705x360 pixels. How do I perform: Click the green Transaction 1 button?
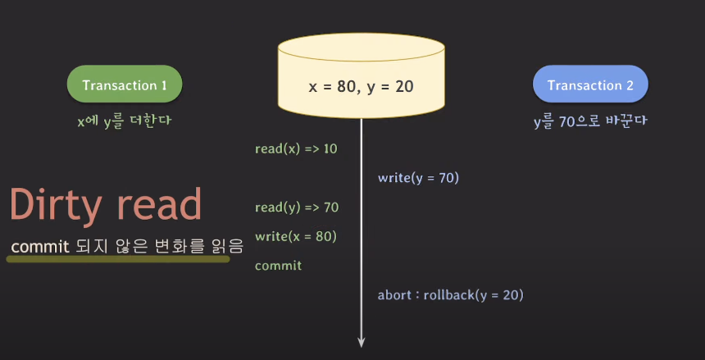[x=124, y=85]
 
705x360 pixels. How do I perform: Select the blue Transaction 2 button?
[x=589, y=85]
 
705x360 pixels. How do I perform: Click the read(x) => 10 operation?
[x=296, y=148]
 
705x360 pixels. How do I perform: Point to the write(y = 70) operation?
[x=418, y=177]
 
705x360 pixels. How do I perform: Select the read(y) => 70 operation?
[x=296, y=207]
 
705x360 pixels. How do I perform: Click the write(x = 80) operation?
[x=296, y=236]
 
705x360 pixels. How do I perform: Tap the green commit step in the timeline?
[x=278, y=266]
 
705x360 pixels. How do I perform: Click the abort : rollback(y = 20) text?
[x=450, y=294]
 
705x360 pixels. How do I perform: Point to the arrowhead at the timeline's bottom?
[x=362, y=342]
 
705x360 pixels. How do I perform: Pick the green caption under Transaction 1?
[x=124, y=121]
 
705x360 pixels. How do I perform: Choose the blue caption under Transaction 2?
[x=589, y=121]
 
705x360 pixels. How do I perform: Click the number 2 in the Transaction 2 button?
[x=629, y=85]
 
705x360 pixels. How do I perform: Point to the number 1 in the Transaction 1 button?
[x=163, y=85]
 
